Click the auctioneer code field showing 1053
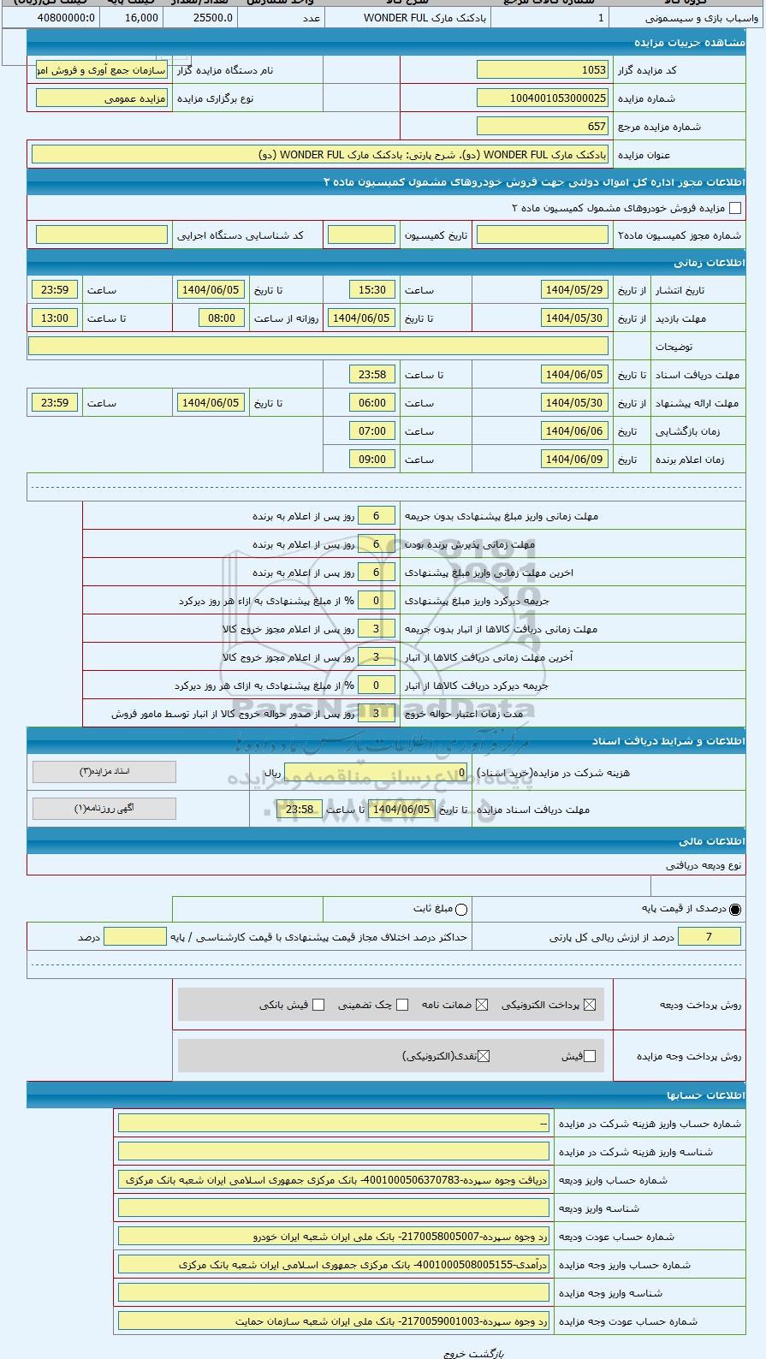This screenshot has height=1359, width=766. pos(542,70)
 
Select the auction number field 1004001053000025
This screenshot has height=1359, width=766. pos(542,98)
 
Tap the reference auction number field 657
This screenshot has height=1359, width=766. pos(542,127)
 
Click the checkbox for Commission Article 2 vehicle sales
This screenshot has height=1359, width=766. pos(734,208)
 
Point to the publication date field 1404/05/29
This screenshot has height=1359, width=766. pos(574,290)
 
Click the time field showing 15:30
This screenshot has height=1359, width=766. pos(372,290)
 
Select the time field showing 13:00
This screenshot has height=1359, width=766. pos(55,318)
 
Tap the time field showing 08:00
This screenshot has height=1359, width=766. pos(222,318)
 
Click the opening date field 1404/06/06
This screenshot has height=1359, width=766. pos(574,431)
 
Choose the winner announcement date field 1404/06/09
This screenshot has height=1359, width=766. pos(574,460)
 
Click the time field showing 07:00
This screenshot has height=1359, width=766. pos(372,431)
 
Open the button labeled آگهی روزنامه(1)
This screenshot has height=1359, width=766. pos(104,809)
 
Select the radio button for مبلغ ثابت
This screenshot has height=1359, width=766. pos(461,910)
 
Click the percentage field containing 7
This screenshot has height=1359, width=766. pos(709,937)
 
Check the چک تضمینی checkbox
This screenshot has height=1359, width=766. pos(402,1005)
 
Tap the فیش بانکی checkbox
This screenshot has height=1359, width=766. pos(318,1005)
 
